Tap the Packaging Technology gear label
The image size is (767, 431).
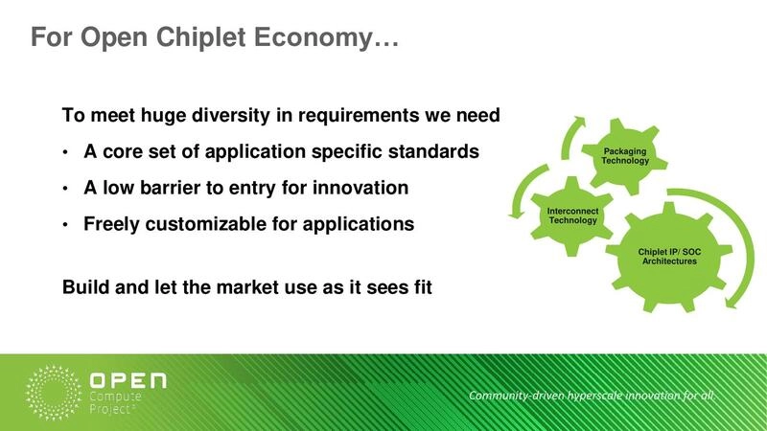(x=625, y=155)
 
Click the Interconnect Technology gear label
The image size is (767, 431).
(x=571, y=215)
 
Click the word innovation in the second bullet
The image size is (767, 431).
(x=360, y=188)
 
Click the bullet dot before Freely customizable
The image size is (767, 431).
(x=65, y=225)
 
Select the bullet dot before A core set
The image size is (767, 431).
(x=65, y=153)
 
